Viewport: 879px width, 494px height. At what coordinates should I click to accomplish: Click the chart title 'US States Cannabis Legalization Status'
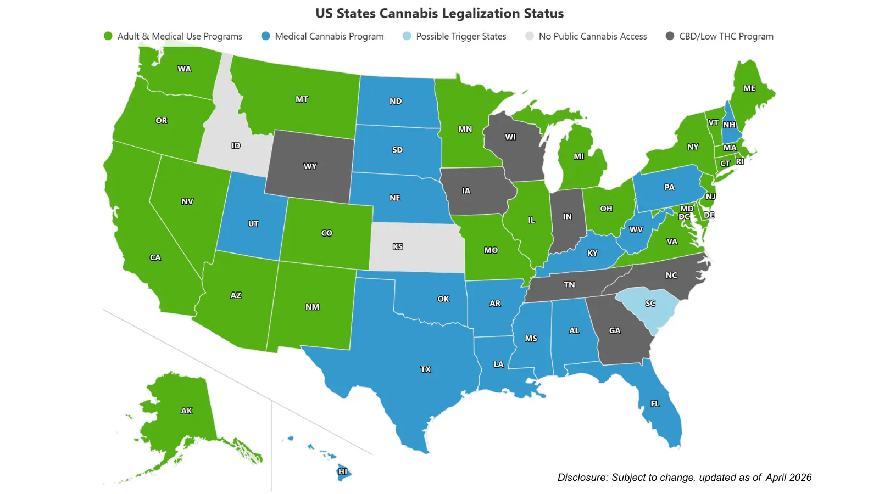click(x=439, y=13)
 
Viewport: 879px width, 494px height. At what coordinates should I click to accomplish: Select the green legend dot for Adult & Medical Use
click(x=108, y=36)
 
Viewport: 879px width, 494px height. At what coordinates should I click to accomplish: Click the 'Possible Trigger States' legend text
click(x=461, y=36)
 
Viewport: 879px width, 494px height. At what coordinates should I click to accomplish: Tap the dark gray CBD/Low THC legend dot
click(x=670, y=36)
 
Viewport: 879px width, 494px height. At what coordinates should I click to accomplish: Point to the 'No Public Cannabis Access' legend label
click(x=592, y=36)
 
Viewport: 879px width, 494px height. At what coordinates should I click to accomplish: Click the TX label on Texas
click(x=426, y=369)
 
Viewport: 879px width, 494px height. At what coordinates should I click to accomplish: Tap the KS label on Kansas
click(x=398, y=247)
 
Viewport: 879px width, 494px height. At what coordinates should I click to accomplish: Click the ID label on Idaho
click(x=236, y=145)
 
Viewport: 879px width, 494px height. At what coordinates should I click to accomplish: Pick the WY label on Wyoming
click(x=310, y=166)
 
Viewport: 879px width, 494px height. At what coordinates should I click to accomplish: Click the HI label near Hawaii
click(x=343, y=472)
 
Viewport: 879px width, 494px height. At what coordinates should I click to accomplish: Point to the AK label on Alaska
click(x=187, y=411)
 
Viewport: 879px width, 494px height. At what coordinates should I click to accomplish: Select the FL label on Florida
click(x=655, y=403)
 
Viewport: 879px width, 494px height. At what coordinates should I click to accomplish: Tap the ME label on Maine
click(x=749, y=88)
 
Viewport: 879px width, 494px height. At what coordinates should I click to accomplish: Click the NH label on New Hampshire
click(x=729, y=125)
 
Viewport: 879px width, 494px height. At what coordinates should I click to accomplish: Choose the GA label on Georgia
click(x=615, y=330)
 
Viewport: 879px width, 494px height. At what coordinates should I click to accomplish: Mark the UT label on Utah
click(x=253, y=224)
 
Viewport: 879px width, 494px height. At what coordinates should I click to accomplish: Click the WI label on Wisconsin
click(x=510, y=137)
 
